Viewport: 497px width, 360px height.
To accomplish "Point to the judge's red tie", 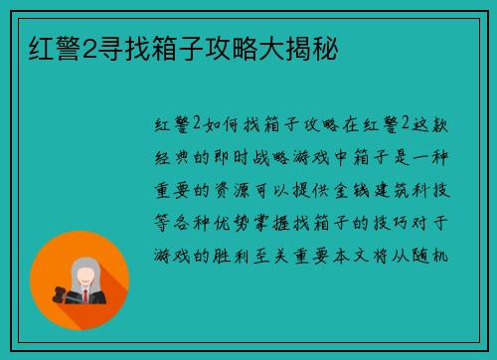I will click(x=84, y=295).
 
